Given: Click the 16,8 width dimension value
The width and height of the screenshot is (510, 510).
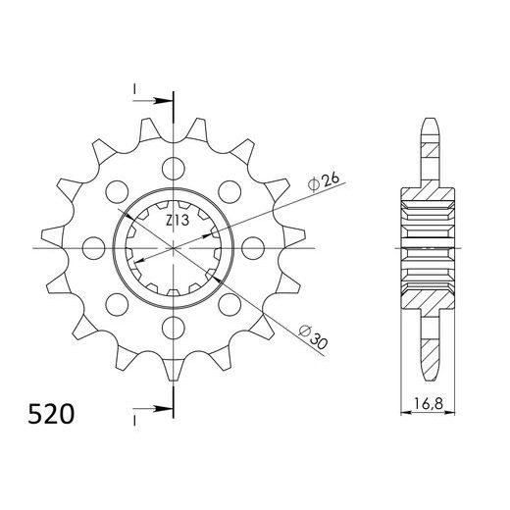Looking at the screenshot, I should click(x=429, y=403).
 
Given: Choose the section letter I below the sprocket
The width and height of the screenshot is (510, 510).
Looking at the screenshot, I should click(x=133, y=419).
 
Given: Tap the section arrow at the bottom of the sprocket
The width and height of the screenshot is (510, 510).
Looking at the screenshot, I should click(x=157, y=409).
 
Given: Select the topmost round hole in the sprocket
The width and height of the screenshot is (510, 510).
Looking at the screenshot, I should click(x=174, y=166).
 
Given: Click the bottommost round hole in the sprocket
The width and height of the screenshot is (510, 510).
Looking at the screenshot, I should click(x=174, y=325).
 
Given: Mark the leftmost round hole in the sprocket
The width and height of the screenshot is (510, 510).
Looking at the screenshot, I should click(x=94, y=245).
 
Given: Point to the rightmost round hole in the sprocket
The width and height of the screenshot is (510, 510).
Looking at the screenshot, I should click(x=253, y=245).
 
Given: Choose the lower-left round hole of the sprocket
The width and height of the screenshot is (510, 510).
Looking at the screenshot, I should click(x=118, y=302).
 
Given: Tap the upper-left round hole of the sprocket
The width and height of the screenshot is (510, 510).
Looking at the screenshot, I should click(x=118, y=188).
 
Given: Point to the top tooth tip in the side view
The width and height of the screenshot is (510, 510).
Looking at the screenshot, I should click(x=429, y=123).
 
